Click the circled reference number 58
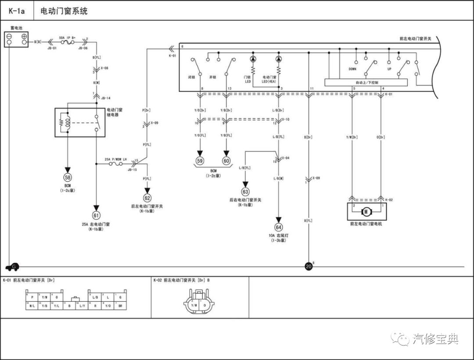tap(68, 177)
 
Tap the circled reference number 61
tap(96, 215)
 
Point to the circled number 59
tap(200, 161)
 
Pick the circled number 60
tap(226, 161)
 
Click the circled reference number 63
tap(245, 191)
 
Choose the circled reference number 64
tap(278, 227)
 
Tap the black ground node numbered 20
tap(309, 266)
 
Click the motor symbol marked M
tap(366, 212)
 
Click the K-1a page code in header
tap(17, 11)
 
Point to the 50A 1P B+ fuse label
tap(68, 38)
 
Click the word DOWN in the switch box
tap(352, 69)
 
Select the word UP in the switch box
tap(389, 69)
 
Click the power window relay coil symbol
tap(67, 122)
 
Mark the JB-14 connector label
tap(106, 98)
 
